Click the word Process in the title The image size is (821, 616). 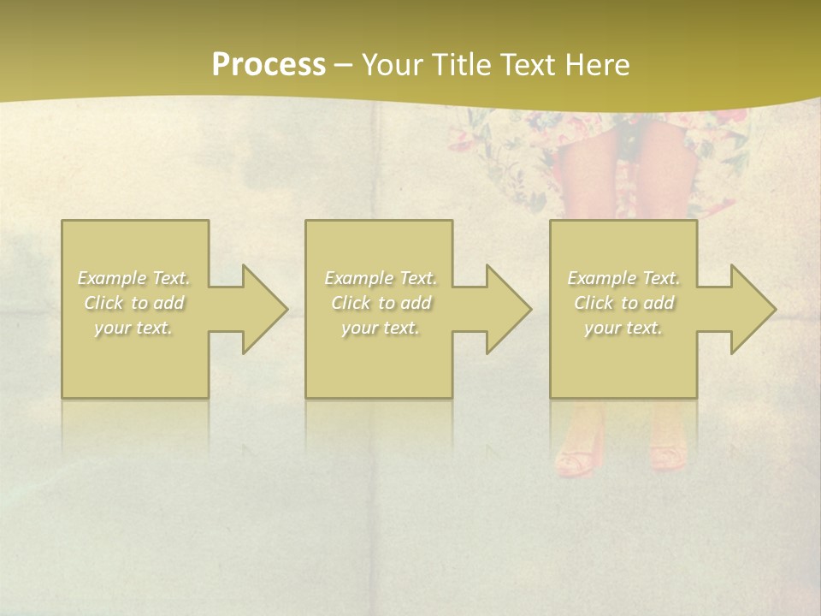point(269,64)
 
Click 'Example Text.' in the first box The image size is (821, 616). point(134,278)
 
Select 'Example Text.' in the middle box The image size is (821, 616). point(381,278)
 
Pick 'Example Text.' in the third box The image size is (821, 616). point(623,278)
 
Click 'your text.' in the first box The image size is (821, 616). point(134,328)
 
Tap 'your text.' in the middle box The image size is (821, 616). point(381,328)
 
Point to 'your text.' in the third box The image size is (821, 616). point(623,328)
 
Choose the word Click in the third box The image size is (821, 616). point(594,303)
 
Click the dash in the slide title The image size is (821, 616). point(343,65)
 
